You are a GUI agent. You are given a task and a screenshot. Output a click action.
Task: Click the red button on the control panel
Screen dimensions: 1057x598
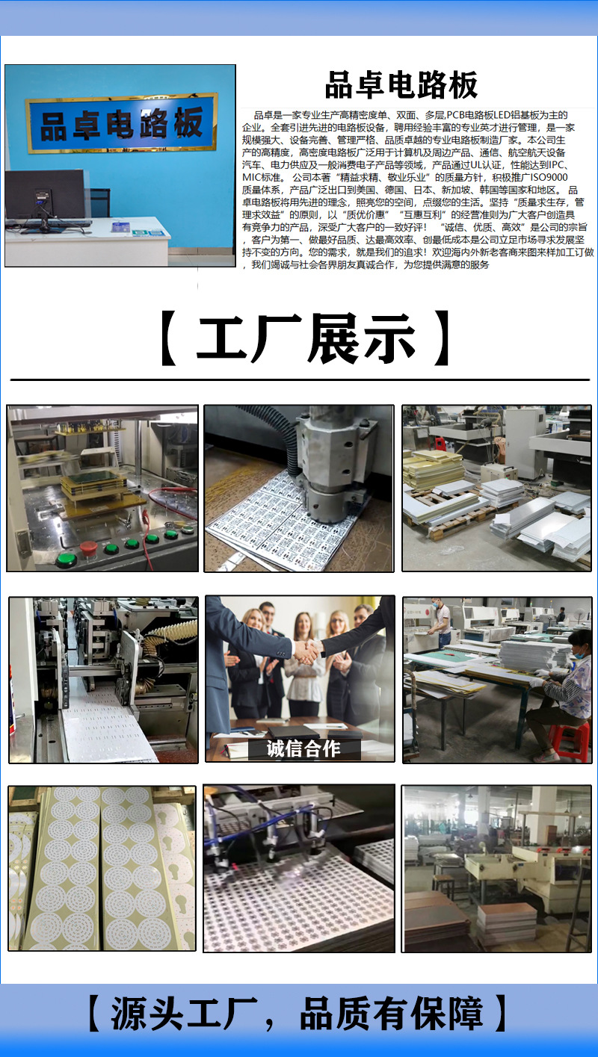(x=87, y=547)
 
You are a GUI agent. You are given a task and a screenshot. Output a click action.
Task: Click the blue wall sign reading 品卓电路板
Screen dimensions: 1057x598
(x=121, y=123)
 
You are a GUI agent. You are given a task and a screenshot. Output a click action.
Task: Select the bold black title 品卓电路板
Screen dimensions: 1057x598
(x=401, y=86)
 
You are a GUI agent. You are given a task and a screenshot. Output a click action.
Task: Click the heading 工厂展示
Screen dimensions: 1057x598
(x=305, y=339)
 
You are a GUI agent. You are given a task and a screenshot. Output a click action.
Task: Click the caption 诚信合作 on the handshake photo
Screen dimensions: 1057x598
(x=303, y=748)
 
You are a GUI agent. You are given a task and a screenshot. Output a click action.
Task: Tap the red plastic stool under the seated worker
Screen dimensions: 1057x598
(x=570, y=740)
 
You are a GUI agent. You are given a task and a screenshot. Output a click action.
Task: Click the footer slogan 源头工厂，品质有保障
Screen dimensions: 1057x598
(x=298, y=1014)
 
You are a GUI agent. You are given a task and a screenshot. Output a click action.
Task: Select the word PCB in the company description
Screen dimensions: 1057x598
(x=457, y=114)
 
